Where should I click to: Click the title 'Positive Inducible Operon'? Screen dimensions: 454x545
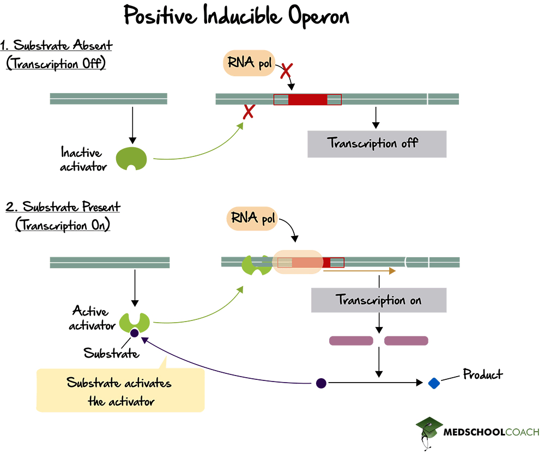point(236,16)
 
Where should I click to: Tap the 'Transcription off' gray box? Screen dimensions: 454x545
point(377,144)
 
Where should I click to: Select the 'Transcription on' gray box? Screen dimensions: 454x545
point(378,300)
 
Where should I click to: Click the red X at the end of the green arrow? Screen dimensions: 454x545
point(249,112)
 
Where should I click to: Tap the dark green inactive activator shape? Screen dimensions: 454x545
point(132,158)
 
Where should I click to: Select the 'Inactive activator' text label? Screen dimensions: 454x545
point(84,159)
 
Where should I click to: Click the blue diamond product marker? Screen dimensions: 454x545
point(434,383)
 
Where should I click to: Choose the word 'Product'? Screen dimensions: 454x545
point(482,374)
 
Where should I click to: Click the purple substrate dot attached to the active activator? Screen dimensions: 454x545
point(134,332)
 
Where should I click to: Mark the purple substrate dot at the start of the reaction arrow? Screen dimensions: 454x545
point(321,384)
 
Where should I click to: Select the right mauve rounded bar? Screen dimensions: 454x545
point(406,341)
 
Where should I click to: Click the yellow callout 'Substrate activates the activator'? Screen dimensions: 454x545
point(120,390)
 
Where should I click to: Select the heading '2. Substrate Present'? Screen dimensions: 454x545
point(63,207)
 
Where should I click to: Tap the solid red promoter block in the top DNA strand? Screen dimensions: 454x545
point(307,99)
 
